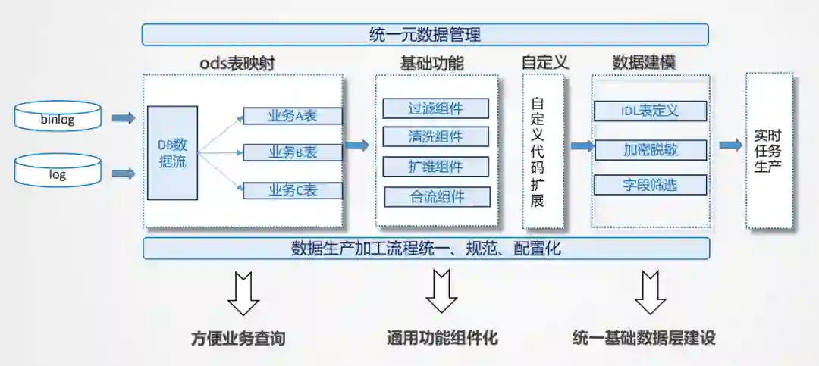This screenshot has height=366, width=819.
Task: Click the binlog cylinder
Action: [x=58, y=117]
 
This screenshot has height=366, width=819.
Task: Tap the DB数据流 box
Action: [x=172, y=153]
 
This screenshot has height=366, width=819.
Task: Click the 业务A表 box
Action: [x=293, y=116]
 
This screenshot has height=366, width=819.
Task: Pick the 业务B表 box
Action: [x=293, y=152]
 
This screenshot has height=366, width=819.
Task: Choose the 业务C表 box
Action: [x=293, y=190]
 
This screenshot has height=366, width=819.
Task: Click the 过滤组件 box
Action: [x=436, y=108]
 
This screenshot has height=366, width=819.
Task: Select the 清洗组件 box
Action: [x=436, y=137]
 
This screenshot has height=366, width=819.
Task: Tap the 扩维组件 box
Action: [x=436, y=167]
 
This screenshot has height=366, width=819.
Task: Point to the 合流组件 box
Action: [x=437, y=197]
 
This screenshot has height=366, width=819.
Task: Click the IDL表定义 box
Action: [x=650, y=111]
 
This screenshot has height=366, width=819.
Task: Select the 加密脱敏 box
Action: [x=650, y=149]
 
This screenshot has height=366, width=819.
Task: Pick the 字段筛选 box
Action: [x=650, y=184]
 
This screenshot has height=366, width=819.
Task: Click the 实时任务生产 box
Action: [x=768, y=151]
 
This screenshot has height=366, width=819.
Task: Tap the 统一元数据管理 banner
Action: [x=425, y=35]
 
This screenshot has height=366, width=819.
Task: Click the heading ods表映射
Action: [x=237, y=64]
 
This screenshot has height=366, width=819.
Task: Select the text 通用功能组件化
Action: [x=442, y=338]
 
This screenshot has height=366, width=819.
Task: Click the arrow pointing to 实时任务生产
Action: [x=730, y=145]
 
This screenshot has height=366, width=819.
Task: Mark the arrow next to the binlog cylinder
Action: [x=123, y=118]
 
